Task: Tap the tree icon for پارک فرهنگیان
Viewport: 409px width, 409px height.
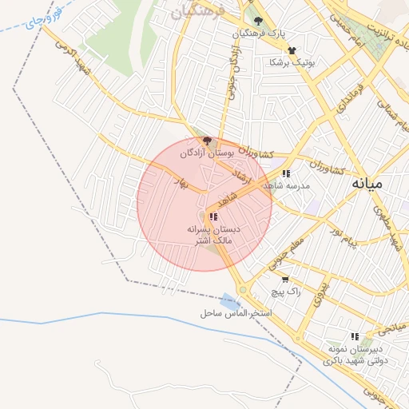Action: click(257, 21)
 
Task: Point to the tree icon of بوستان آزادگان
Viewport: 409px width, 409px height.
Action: click(208, 141)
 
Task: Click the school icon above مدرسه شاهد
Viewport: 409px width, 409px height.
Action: click(286, 173)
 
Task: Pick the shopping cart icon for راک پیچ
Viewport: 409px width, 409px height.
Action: click(285, 280)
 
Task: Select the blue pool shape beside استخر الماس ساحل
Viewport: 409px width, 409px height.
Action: click(229, 303)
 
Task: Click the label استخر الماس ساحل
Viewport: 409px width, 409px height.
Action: click(236, 313)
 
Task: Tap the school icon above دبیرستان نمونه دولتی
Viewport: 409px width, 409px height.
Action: click(355, 336)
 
